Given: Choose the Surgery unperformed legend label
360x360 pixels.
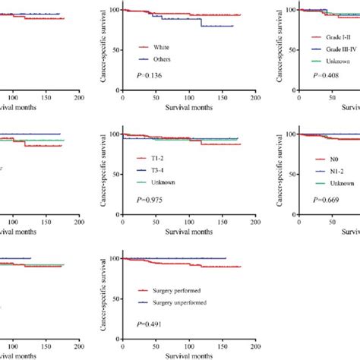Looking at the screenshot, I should (182, 302).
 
